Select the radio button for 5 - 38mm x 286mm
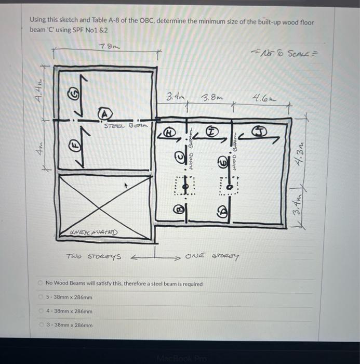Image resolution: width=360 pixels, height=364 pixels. click(x=41, y=297)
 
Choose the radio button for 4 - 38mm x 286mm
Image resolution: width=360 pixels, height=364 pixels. click(x=41, y=311)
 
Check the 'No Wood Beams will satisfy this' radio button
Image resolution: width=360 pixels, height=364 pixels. click(x=41, y=283)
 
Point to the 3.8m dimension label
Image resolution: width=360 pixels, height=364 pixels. click(x=212, y=97)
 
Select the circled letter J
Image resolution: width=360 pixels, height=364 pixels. click(x=258, y=131)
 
